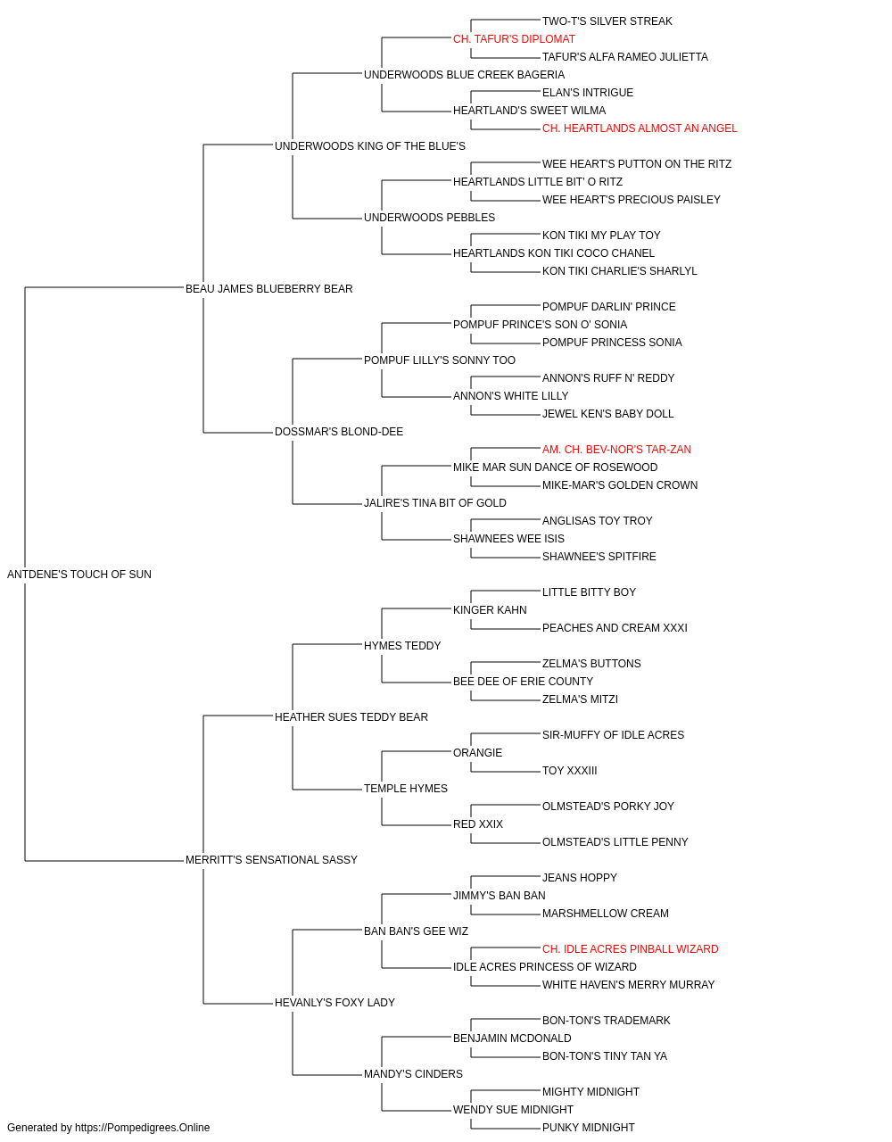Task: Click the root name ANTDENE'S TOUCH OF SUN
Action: point(79,575)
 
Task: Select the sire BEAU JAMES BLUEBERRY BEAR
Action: point(269,289)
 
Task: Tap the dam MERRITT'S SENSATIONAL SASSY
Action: point(271,860)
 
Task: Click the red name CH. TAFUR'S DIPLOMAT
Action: point(514,39)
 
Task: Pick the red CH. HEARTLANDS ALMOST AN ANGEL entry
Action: point(640,128)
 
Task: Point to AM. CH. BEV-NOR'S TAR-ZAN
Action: point(616,450)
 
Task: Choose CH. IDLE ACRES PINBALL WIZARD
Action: point(630,949)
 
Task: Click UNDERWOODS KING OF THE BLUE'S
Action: point(370,146)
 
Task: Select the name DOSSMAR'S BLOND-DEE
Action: point(339,432)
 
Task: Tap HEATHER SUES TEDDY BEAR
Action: point(351,717)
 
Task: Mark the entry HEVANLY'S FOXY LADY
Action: point(334,1003)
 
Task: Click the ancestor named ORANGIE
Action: point(477,753)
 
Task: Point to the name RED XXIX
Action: point(477,824)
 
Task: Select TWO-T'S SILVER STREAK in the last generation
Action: point(607,21)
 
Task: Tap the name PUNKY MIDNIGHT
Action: point(589,1128)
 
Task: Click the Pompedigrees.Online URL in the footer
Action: point(143,1128)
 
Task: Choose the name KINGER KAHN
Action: point(490,610)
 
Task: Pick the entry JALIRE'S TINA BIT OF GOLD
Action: point(435,503)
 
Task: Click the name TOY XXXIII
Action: point(569,771)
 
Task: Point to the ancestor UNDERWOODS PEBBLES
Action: point(429,218)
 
